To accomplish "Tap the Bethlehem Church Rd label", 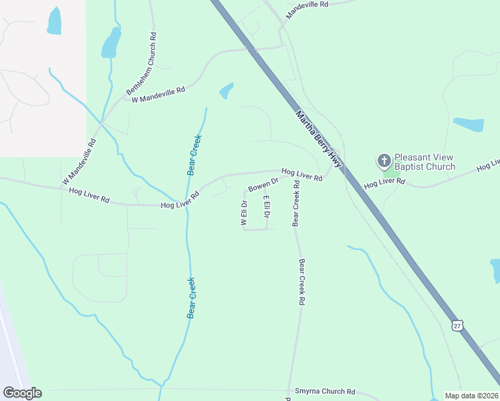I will click(x=141, y=63).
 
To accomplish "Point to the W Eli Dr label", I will click(x=244, y=213).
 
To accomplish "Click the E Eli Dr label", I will click(x=266, y=206).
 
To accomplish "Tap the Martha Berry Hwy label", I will click(x=319, y=139).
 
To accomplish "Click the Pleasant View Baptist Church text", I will click(x=424, y=162).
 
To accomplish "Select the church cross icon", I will click(x=384, y=161).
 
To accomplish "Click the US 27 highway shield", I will click(x=457, y=325).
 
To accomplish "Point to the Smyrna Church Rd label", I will click(x=325, y=392).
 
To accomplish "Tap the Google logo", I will click(x=22, y=393).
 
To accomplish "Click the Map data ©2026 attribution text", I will click(x=471, y=396).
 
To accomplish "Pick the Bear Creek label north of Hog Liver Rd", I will click(x=195, y=155).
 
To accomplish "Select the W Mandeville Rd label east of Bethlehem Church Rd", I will click(x=158, y=94).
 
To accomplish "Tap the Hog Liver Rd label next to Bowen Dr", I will click(x=301, y=175).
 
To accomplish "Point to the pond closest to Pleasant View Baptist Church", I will click(x=469, y=124).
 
